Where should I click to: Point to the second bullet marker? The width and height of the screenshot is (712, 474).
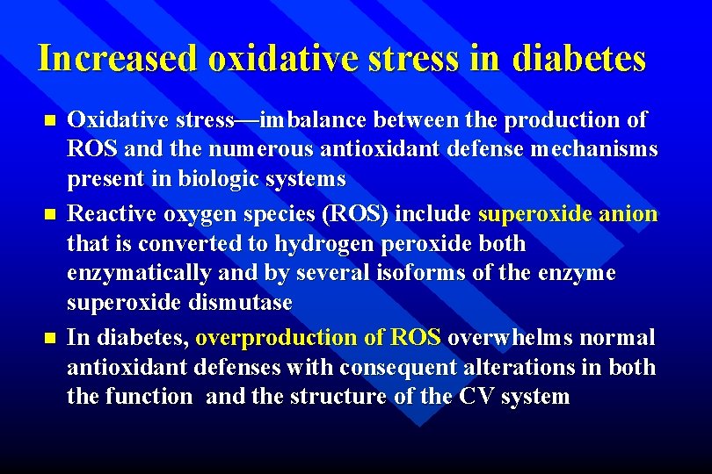coord(49,213)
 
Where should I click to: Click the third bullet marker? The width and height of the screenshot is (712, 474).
coord(49,337)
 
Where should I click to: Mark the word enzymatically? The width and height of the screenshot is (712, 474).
coord(139,273)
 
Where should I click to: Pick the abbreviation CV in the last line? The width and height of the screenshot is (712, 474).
coord(478,397)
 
